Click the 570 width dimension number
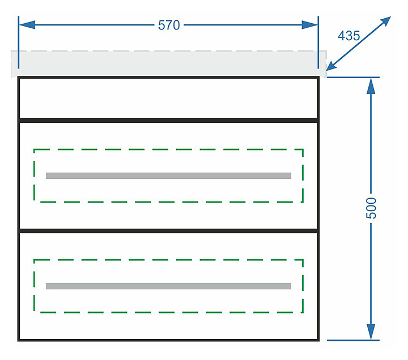(169, 25)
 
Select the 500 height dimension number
(371, 208)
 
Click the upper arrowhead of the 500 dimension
(371, 85)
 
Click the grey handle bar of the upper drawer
(168, 175)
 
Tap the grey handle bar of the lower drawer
(168, 286)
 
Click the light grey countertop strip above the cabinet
(168, 63)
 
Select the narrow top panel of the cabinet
(168, 98)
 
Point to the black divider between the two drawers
(168, 231)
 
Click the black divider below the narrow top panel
(168, 120)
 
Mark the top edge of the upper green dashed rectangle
(168, 149)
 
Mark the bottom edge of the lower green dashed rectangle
(168, 312)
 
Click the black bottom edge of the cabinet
(168, 340)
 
